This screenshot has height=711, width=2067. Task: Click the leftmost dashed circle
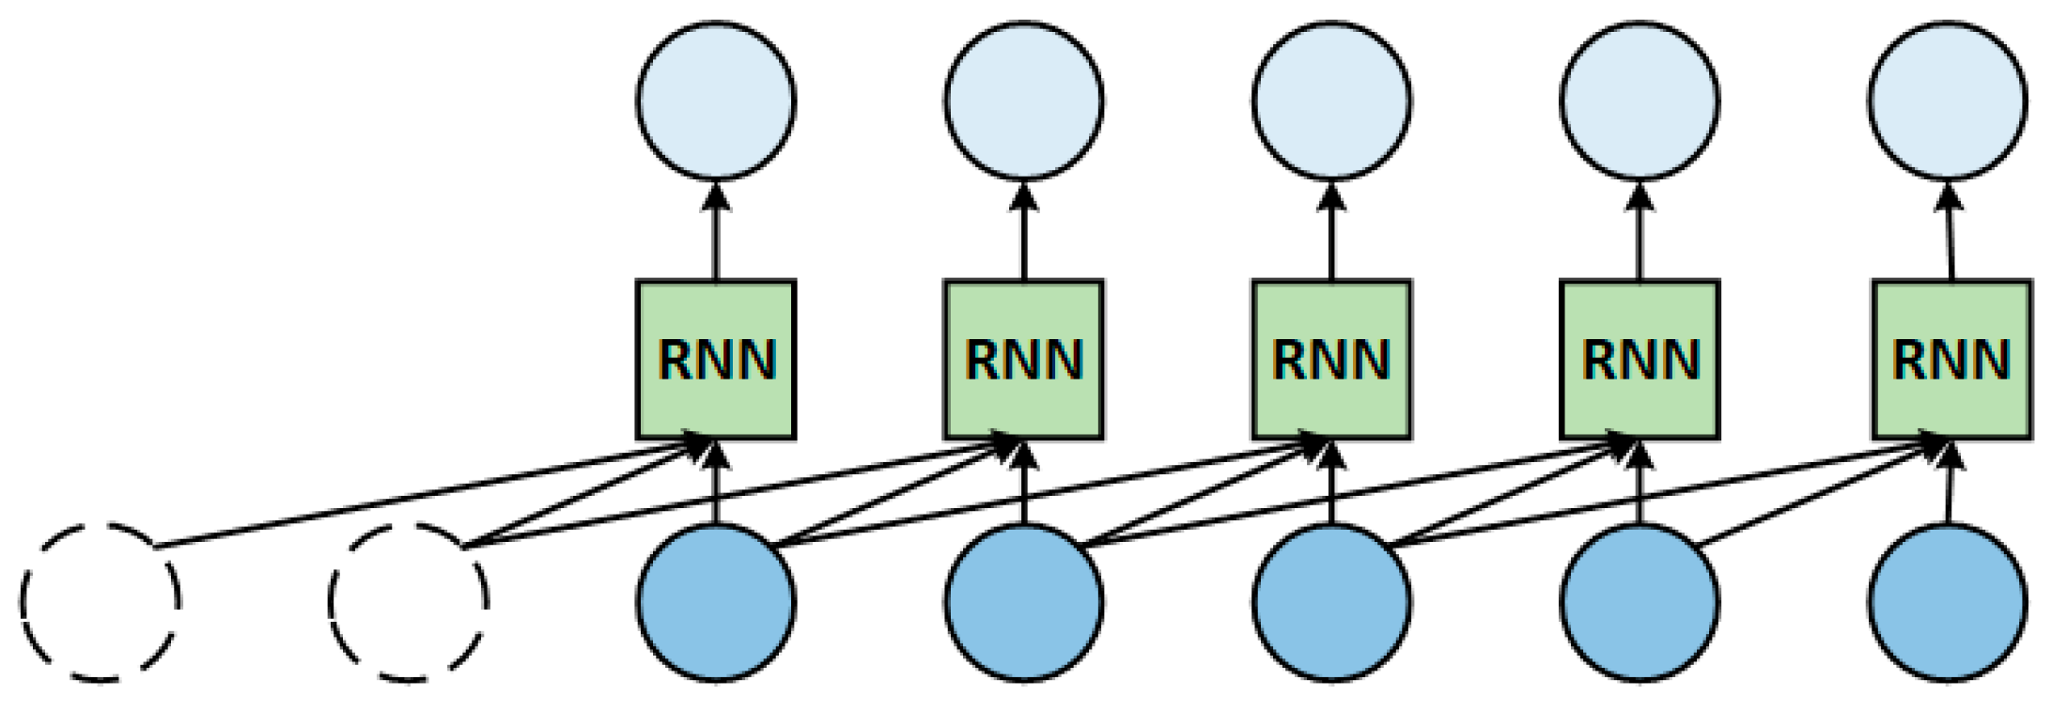pos(100,601)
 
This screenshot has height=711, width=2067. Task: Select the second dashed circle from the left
pos(408,601)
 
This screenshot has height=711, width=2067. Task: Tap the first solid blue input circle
pos(716,601)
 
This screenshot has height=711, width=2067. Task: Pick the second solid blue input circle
pos(1024,601)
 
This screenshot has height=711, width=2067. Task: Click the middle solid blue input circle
pos(1332,601)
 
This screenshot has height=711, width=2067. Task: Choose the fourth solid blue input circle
pos(1640,601)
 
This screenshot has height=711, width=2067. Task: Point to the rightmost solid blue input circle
pos(1947,601)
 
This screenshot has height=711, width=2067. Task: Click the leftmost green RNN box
pos(716,360)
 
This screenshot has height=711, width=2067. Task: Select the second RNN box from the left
pos(1024,360)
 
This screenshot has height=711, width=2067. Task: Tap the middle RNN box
pos(1332,360)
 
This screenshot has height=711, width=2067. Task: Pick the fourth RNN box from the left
pos(1640,360)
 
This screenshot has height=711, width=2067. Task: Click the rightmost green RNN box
pos(1952,360)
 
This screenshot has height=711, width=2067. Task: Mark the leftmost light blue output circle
pos(716,100)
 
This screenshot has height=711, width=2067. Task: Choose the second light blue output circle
pos(1024,100)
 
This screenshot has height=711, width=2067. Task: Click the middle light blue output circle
pos(1332,100)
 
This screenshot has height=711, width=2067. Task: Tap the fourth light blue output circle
pos(1640,100)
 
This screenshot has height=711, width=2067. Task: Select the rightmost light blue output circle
pos(1947,100)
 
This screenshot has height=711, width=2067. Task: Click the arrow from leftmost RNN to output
pos(716,235)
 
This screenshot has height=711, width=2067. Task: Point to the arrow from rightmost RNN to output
pos(1950,235)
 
